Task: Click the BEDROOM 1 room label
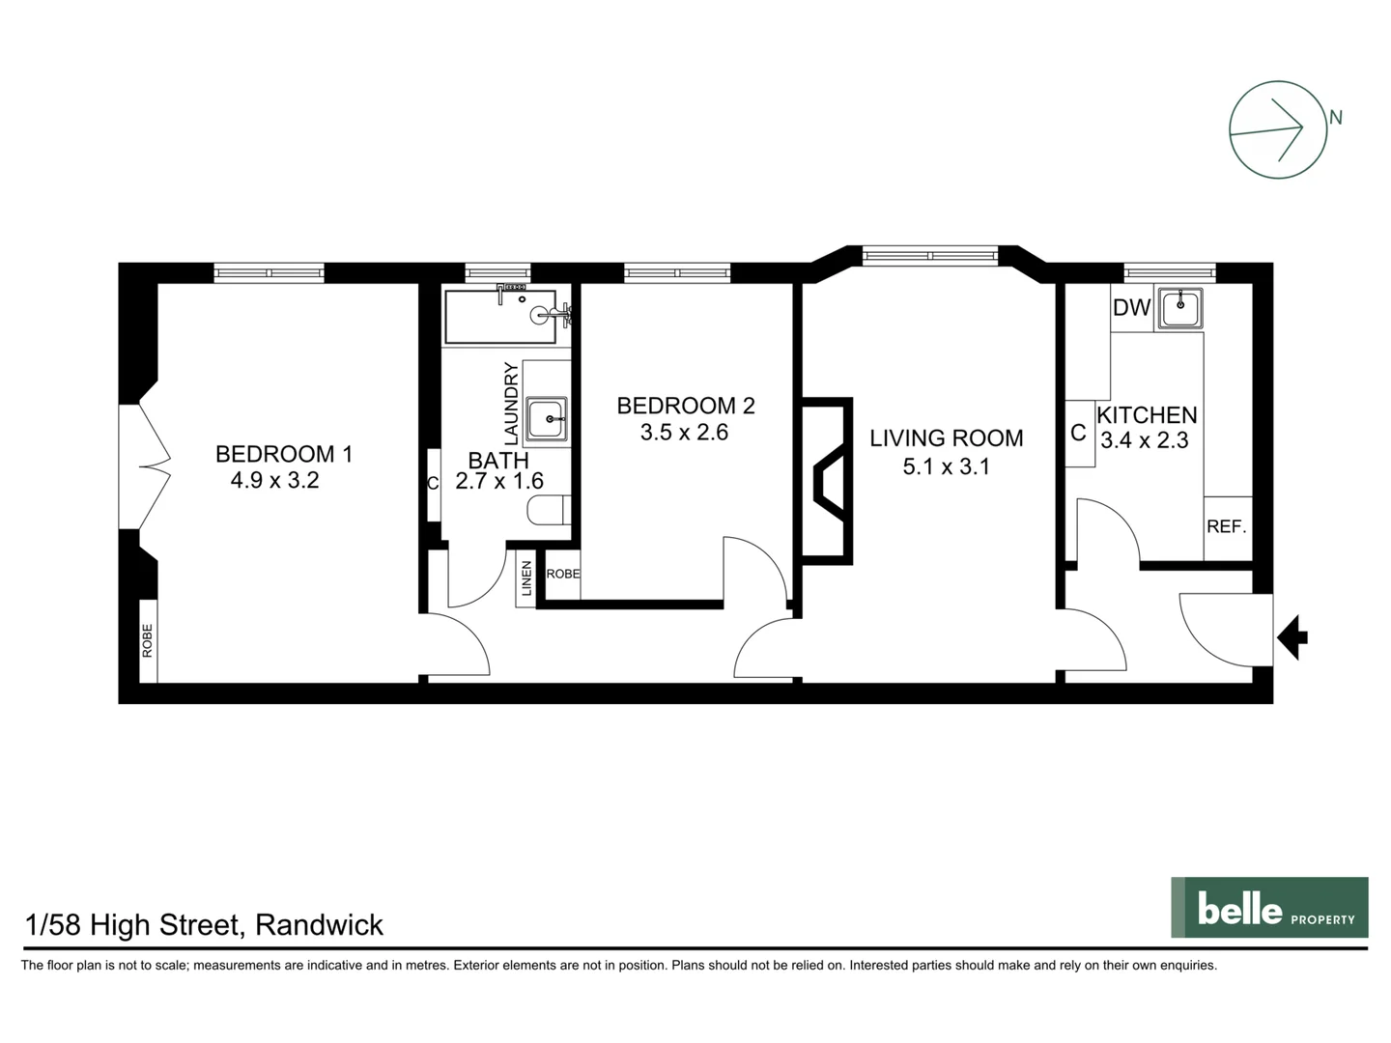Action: pos(283,454)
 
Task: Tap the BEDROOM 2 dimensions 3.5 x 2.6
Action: pos(684,433)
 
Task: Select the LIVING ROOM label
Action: pos(946,438)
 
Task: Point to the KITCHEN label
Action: pos(1147,415)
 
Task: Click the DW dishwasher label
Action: pos(1131,308)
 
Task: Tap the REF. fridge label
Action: pos(1226,527)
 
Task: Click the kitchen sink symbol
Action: pos(1179,309)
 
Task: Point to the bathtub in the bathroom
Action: pos(499,317)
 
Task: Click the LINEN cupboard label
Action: pos(526,579)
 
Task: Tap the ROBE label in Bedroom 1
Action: pos(148,640)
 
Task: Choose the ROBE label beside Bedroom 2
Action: pos(563,574)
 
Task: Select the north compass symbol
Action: pos(1278,129)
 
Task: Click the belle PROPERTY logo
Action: pos(1269,908)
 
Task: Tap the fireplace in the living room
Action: pos(829,480)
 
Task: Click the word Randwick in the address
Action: pos(320,925)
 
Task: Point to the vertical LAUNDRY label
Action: pos(511,403)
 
